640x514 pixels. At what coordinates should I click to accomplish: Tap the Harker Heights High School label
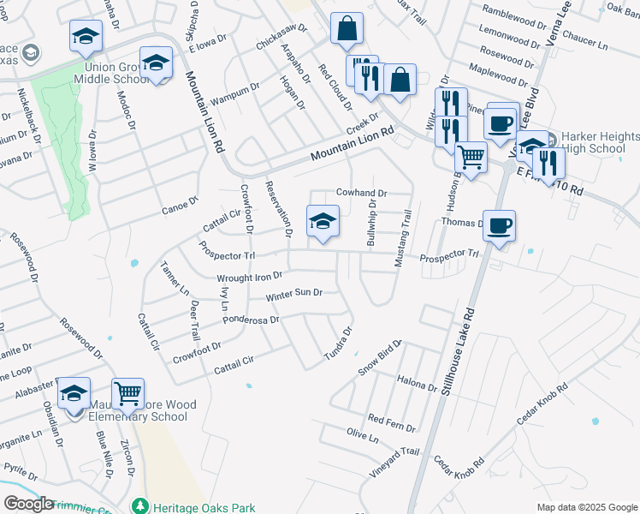pos(600,143)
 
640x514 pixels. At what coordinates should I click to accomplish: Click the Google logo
pos(27,504)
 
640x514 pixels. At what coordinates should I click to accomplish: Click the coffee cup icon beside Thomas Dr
pos(499,226)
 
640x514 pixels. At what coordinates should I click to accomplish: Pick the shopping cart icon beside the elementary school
pos(127,394)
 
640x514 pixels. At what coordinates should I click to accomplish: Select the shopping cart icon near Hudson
pos(471,157)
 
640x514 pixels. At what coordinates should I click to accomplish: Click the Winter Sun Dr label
pos(293,294)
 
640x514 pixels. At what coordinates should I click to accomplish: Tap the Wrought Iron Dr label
pos(249,277)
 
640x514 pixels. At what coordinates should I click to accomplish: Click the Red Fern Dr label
pos(391,421)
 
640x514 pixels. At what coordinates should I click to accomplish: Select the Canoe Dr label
pos(180,205)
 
